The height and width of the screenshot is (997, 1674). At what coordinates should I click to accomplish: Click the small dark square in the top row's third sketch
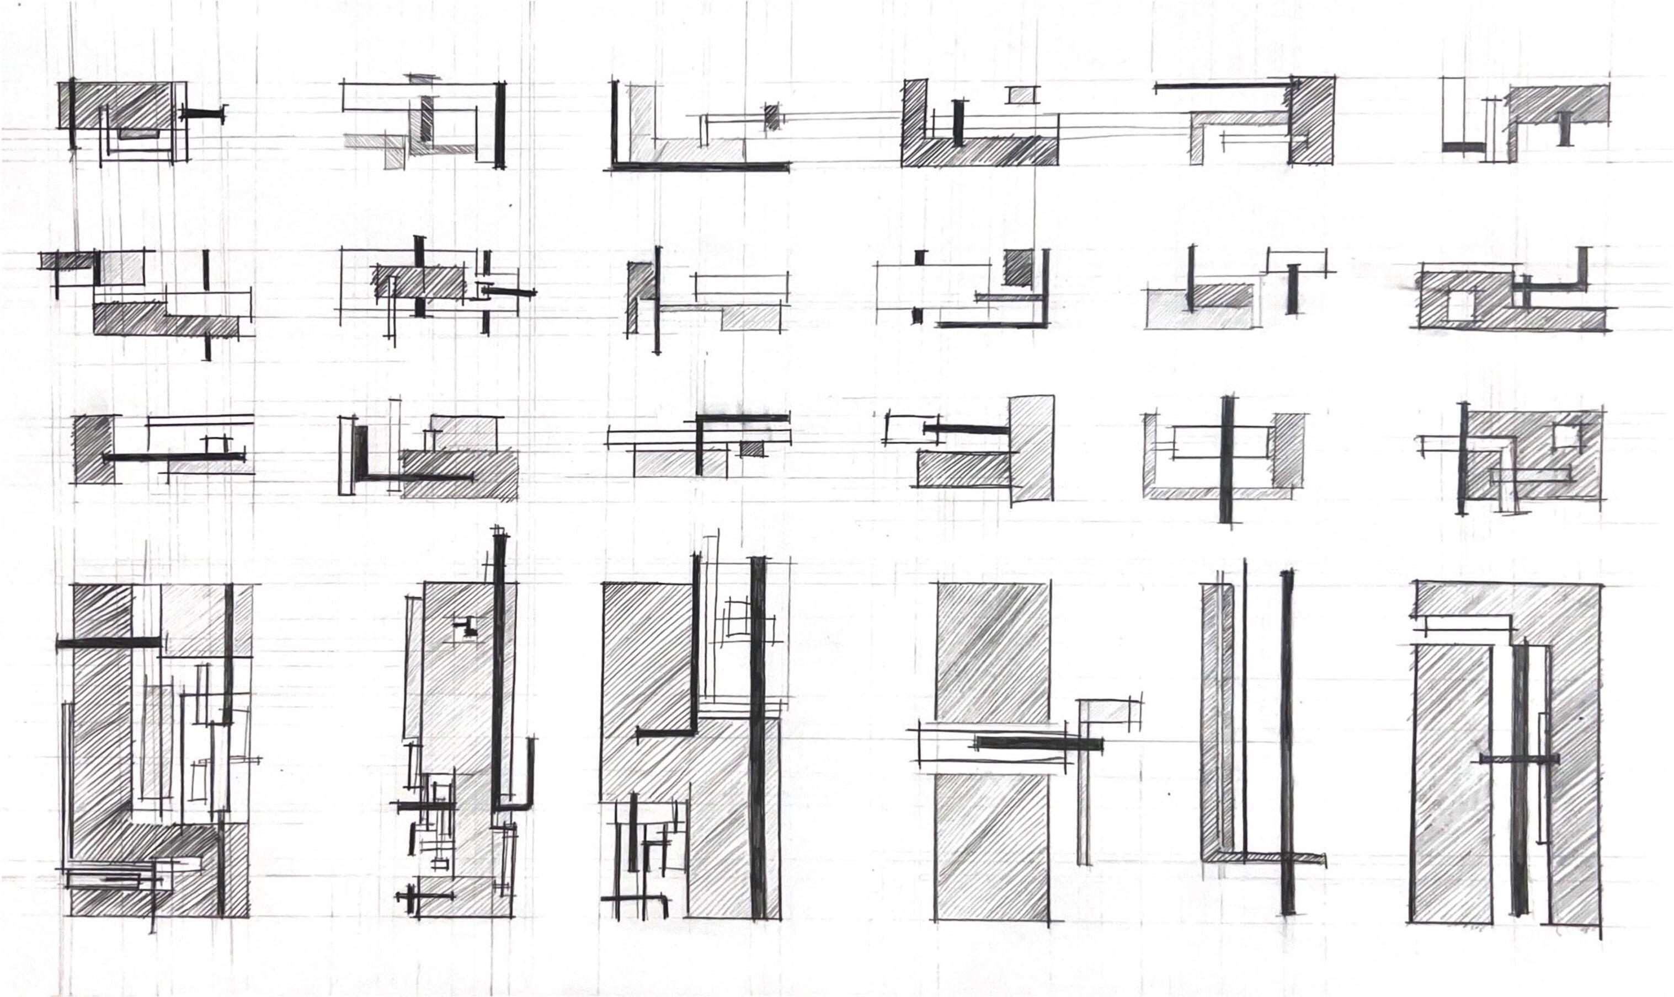pos(772,117)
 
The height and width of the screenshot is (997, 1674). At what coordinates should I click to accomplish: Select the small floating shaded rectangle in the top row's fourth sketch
pos(1021,95)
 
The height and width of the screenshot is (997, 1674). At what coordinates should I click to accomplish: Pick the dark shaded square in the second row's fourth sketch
pos(1019,267)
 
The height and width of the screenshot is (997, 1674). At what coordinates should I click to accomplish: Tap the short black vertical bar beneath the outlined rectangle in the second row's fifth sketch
pos(1292,289)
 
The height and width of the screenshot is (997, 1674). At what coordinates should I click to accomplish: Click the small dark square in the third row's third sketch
pos(752,448)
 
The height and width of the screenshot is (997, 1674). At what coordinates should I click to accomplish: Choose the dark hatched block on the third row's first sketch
pos(93,449)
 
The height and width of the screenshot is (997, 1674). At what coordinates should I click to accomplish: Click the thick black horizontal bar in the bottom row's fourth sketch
pos(1039,743)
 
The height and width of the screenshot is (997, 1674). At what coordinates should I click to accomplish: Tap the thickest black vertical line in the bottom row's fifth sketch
pos(1287,742)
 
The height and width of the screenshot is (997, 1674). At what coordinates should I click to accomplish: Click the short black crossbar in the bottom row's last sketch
pos(1520,760)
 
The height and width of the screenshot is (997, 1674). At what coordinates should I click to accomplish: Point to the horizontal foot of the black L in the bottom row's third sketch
pos(666,733)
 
